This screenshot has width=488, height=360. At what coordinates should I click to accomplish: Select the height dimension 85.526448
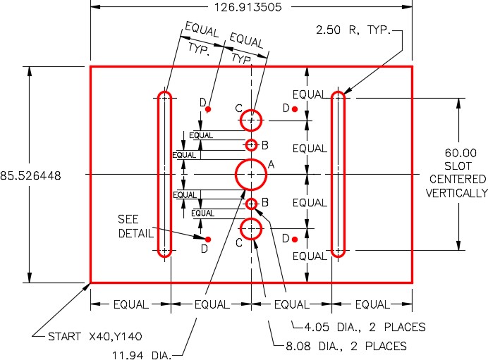coord(30,175)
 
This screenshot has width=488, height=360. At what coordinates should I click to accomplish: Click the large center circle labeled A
coord(250,174)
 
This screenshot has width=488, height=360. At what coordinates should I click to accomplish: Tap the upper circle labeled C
coord(251,120)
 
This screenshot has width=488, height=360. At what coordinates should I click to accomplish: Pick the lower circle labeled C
coord(251,229)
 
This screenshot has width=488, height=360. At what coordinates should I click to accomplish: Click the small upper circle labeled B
coord(251,145)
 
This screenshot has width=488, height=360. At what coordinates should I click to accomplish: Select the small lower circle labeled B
coord(251,204)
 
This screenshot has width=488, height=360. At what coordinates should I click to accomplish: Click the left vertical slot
coord(164,174)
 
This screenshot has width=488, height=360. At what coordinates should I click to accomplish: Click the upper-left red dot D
coord(209,109)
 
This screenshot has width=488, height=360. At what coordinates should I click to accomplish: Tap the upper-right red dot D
coord(295,108)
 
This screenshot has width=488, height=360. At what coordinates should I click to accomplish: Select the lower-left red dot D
coord(208,240)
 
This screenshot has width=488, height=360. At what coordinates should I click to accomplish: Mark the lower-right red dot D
coord(295,240)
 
